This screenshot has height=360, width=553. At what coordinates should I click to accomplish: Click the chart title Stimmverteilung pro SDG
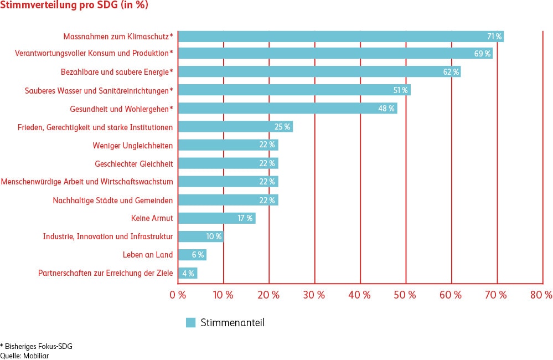(74, 6)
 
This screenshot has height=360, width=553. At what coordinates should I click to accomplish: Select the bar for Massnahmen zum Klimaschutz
(340, 37)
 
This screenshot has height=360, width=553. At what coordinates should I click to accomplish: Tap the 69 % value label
(482, 54)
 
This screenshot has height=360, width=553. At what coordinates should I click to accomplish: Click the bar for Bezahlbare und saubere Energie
(319, 71)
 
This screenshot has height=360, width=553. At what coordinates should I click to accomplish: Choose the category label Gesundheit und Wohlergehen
(122, 109)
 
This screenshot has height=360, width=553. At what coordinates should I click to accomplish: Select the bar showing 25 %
(235, 127)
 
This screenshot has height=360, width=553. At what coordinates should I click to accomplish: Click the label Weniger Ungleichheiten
(133, 146)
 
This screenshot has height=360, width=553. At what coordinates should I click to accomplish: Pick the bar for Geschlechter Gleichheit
(228, 163)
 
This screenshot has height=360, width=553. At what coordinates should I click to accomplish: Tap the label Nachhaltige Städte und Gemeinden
(113, 200)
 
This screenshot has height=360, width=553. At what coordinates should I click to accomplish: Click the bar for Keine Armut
(216, 218)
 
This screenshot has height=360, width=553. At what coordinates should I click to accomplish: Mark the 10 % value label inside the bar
(214, 236)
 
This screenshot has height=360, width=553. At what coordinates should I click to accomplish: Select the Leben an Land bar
(192, 255)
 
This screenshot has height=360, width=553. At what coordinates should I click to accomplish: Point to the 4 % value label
(188, 273)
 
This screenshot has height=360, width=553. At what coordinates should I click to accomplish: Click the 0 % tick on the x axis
(178, 295)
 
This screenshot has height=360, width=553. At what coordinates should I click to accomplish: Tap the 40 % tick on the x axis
(360, 295)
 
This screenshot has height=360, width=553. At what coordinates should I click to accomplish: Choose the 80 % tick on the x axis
(541, 295)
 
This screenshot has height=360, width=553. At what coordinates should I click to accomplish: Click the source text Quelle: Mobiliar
(24, 356)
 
